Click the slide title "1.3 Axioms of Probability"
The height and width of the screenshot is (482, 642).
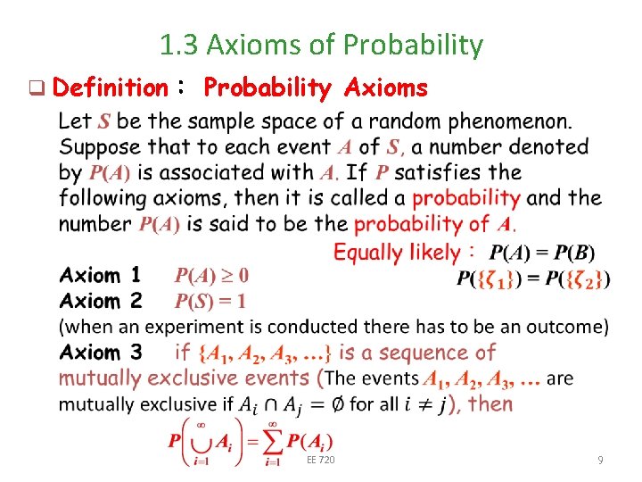321,44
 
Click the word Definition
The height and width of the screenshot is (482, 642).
110,87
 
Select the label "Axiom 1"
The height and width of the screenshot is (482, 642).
100,275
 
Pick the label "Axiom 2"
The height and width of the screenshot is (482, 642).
100,301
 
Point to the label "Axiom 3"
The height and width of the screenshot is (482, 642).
100,353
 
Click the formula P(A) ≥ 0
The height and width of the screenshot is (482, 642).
211,275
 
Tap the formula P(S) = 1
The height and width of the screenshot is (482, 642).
210,301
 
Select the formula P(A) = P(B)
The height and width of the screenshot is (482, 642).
542,252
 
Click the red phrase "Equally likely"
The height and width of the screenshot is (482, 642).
396,252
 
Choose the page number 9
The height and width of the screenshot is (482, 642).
600,461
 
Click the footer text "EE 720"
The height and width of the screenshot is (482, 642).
320,461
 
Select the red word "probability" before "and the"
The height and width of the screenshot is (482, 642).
465,197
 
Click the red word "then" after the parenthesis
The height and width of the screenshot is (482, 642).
490,403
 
